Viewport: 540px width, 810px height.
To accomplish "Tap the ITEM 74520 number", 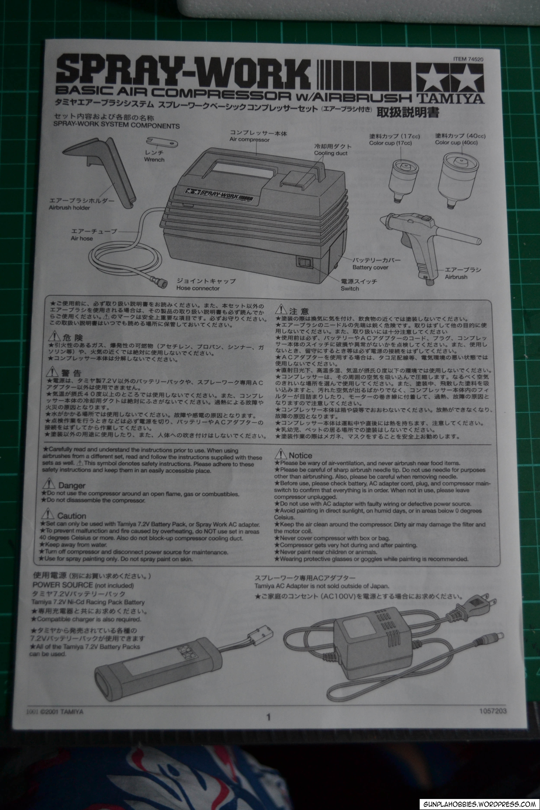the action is point(468,59).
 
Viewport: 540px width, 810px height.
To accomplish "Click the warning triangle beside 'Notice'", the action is point(281,454).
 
